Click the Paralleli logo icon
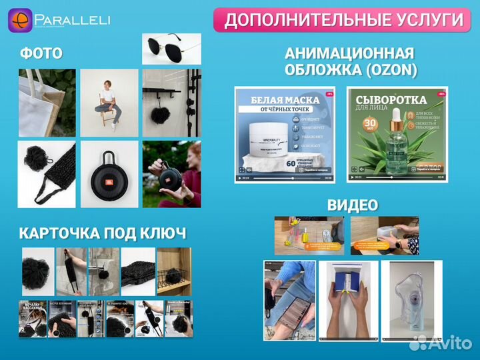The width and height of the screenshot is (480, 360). [19, 20]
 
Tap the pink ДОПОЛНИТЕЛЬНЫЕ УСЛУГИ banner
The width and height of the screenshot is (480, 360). [343, 19]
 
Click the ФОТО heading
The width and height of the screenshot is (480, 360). [41, 53]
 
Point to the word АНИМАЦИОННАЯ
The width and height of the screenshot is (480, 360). [349, 53]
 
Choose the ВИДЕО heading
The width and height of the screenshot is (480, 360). [352, 205]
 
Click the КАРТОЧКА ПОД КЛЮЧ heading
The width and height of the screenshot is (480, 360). [102, 233]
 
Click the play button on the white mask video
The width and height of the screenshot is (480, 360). [240, 178]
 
